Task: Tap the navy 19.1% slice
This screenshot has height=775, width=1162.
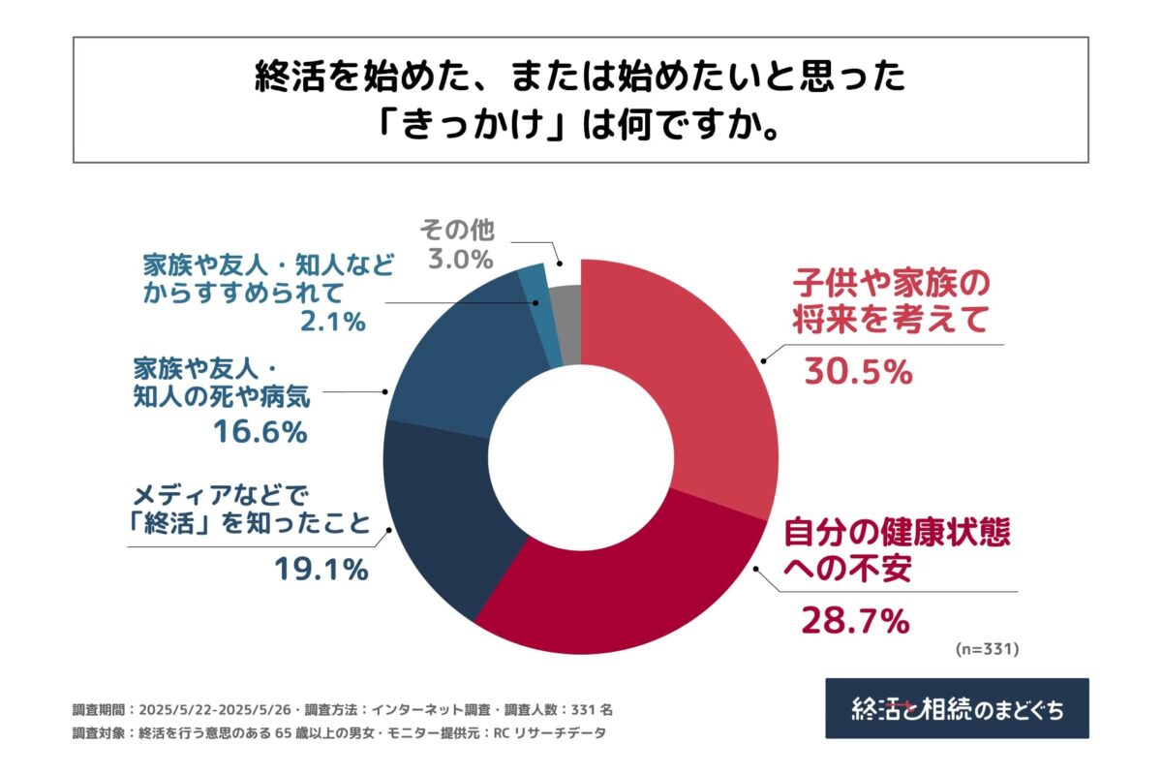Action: click(441, 513)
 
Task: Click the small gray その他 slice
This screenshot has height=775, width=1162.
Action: click(566, 310)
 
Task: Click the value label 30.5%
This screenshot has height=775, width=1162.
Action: click(858, 371)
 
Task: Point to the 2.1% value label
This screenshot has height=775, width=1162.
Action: click(332, 321)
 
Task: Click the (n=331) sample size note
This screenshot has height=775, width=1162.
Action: click(987, 646)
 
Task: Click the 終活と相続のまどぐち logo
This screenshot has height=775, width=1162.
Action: click(957, 708)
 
